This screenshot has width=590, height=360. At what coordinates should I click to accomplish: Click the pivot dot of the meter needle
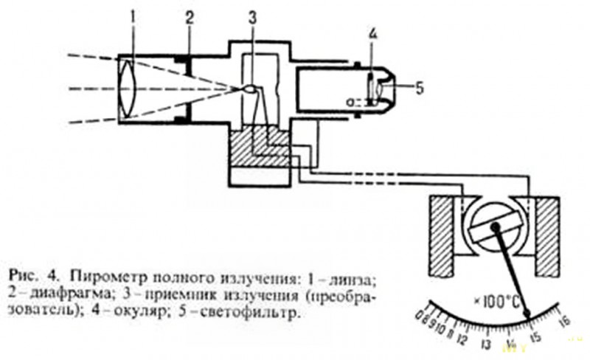[493, 229]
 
